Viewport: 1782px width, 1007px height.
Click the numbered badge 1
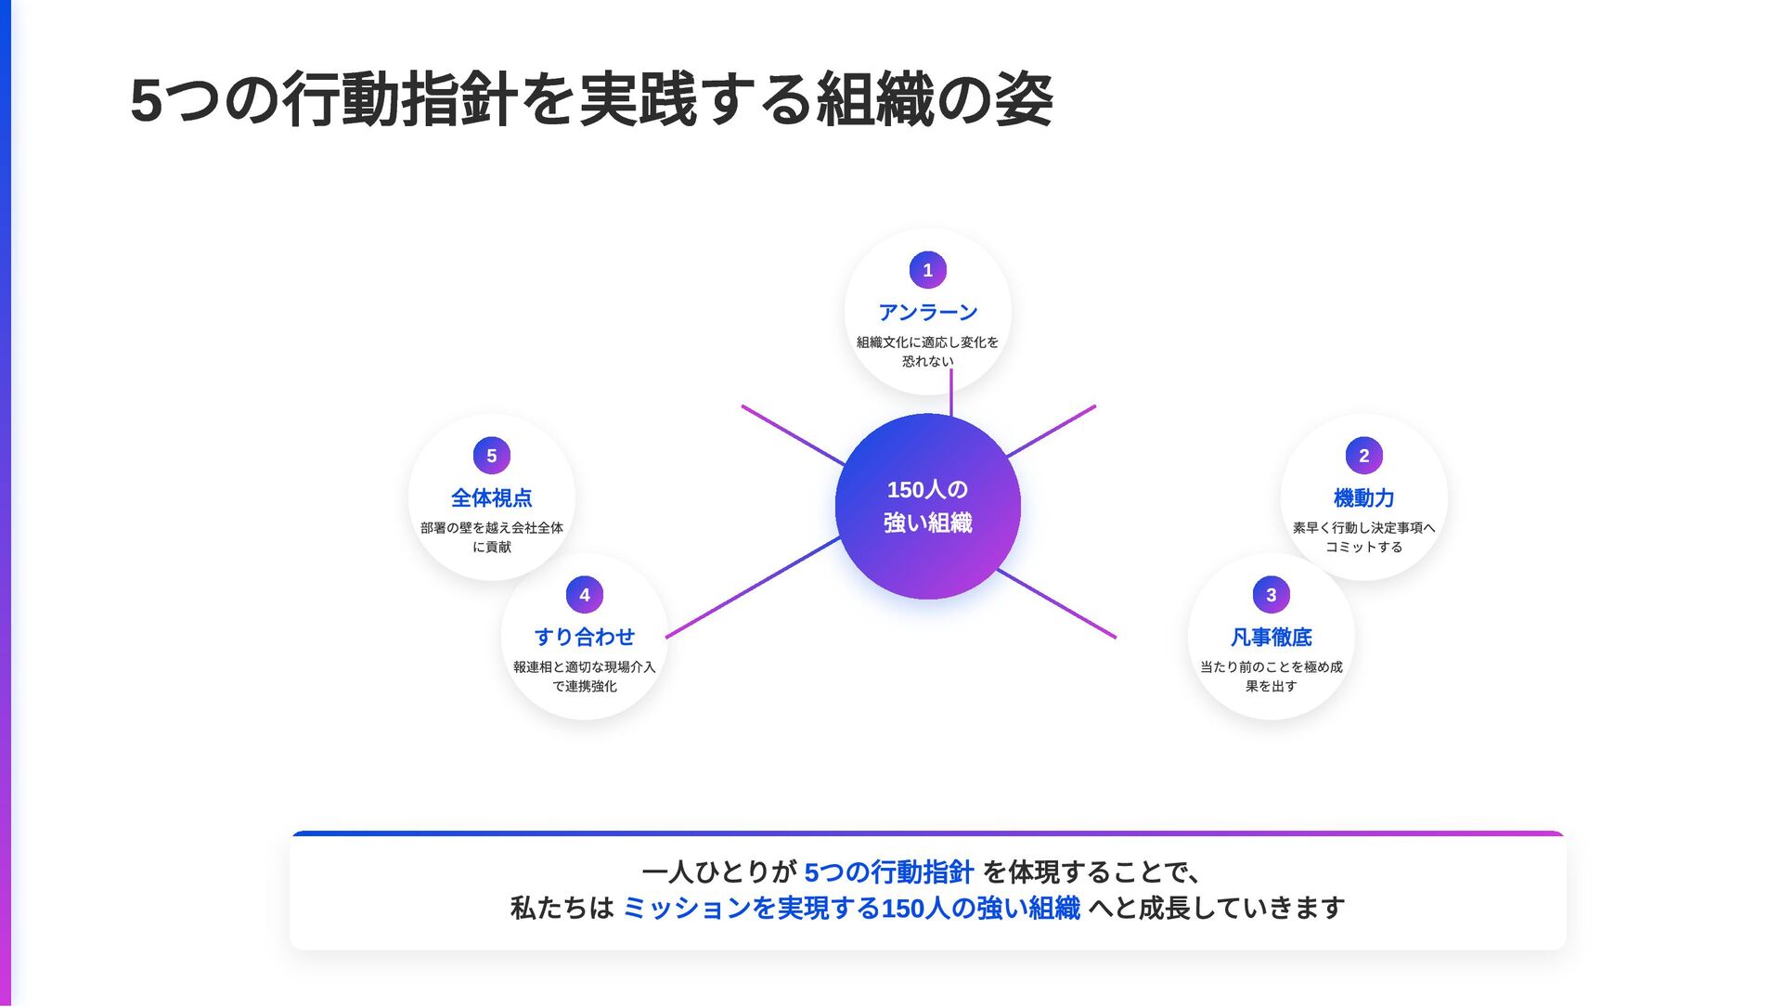pyautogui.click(x=927, y=270)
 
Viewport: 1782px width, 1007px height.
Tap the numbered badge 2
pyautogui.click(x=1363, y=456)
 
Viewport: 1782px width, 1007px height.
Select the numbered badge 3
pyautogui.click(x=1271, y=595)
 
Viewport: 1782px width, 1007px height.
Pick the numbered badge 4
pyautogui.click(x=584, y=595)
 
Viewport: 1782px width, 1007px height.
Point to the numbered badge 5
pyautogui.click(x=491, y=456)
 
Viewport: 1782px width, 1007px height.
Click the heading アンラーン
pyautogui.click(x=927, y=313)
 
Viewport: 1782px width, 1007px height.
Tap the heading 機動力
pyautogui.click(x=1363, y=498)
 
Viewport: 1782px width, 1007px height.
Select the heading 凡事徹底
pyautogui.click(x=1271, y=638)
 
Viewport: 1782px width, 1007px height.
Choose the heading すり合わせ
pyautogui.click(x=584, y=638)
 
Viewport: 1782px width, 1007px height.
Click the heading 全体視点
pyautogui.click(x=491, y=498)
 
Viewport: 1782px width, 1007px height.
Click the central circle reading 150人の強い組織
pyautogui.click(x=927, y=507)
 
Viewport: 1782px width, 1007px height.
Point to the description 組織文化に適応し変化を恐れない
pyautogui.click(x=927, y=352)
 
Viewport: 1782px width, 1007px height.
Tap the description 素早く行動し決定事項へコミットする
pyautogui.click(x=1363, y=537)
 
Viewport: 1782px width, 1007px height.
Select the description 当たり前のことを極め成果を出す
pyautogui.click(x=1271, y=677)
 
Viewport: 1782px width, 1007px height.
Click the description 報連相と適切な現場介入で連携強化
pyautogui.click(x=584, y=677)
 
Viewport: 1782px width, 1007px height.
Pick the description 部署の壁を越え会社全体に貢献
pyautogui.click(x=491, y=537)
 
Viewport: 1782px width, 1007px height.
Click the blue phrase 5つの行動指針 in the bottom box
pyautogui.click(x=888, y=872)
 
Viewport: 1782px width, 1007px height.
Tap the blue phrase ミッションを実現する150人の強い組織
pyautogui.click(x=851, y=908)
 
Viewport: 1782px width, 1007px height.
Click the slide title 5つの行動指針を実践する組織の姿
pyautogui.click(x=591, y=100)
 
